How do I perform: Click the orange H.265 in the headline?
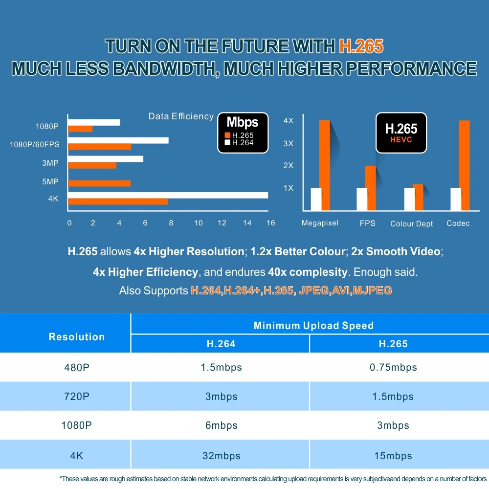point(360,46)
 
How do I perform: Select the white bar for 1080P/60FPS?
point(118,140)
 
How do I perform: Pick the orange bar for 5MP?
point(99,183)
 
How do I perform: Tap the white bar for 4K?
point(168,195)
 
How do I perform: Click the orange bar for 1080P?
point(80,129)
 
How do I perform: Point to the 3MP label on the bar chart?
point(50,163)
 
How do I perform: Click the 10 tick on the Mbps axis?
point(198,223)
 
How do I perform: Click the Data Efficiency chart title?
point(181,116)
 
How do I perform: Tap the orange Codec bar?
point(464,165)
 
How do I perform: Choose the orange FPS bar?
point(370,188)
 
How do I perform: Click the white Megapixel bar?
point(316,199)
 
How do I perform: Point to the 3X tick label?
point(289,143)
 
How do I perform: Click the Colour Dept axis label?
point(412,223)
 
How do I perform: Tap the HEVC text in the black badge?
point(401,140)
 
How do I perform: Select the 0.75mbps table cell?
point(393,367)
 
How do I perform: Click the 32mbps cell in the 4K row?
point(222,456)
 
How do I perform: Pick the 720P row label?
point(77,397)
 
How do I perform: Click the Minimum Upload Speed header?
point(313,326)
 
